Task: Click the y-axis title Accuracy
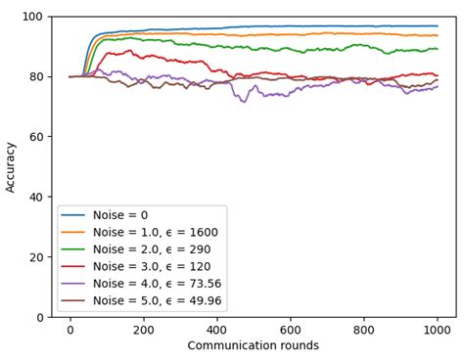12,166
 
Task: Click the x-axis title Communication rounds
254,345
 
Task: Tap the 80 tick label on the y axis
34,76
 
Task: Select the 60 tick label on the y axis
34,137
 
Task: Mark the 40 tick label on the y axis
34,197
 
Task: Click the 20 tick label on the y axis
34,257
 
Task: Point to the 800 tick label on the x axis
364,330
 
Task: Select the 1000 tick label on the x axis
438,330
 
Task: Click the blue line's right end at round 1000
438,26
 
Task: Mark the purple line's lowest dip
244,102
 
